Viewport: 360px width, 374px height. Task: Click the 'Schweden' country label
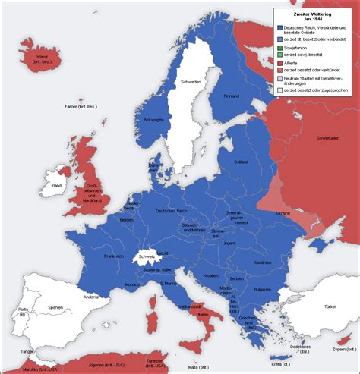click(191, 81)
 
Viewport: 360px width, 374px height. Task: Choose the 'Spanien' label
click(55, 307)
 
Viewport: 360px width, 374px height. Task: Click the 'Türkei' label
click(329, 306)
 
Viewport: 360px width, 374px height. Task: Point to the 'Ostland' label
click(240, 162)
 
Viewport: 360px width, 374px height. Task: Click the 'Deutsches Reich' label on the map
click(171, 210)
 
